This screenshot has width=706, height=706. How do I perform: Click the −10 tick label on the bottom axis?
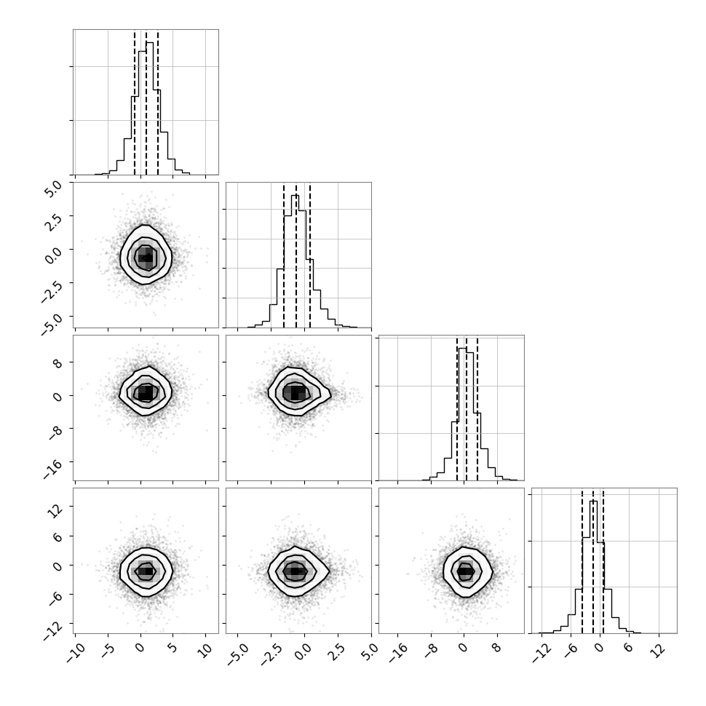[76, 653]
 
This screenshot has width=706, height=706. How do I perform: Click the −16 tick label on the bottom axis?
[398, 653]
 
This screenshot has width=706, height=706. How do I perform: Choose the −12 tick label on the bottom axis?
[542, 653]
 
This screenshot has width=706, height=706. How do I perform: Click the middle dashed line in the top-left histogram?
[146, 103]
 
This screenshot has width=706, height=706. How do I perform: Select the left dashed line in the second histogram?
[284, 255]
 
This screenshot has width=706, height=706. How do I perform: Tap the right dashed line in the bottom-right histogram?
[603, 561]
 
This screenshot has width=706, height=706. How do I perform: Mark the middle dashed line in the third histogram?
[466, 409]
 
